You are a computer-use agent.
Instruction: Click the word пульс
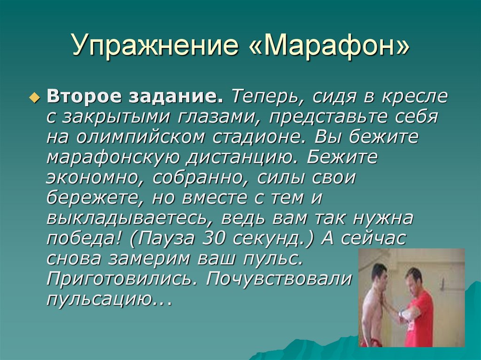(x=275, y=259)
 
